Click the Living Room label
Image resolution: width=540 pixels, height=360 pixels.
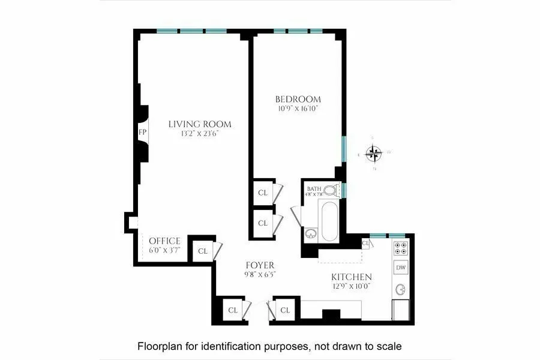199,124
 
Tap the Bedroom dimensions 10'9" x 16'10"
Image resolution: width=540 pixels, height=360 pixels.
298,109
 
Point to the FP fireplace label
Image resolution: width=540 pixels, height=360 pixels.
143,132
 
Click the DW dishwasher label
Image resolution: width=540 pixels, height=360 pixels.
401,267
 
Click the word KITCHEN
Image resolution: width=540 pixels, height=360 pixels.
352,277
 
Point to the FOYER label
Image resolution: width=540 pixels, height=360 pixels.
260,265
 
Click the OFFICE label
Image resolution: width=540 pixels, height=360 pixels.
164,241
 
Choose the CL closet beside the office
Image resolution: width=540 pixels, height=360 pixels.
202,251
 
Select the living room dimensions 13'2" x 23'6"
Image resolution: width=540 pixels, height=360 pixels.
199,134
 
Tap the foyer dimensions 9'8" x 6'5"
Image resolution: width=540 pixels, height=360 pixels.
260,274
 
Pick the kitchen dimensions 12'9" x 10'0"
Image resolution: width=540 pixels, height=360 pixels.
352,287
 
